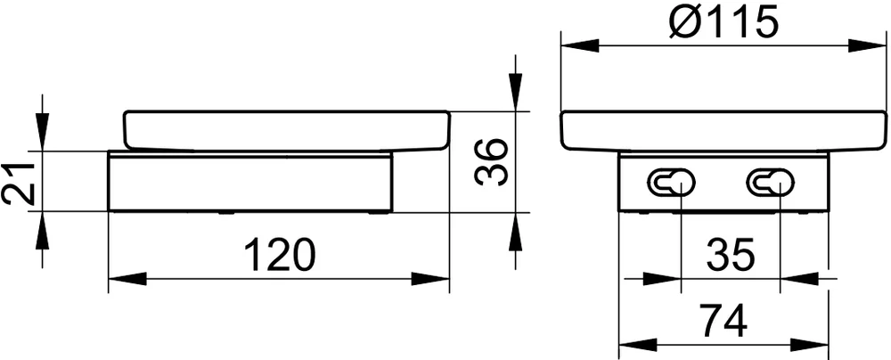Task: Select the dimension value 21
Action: (20, 183)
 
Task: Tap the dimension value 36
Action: (491, 161)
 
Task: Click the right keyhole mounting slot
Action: (772, 183)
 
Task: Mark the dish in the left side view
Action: (285, 130)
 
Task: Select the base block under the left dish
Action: (249, 182)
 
